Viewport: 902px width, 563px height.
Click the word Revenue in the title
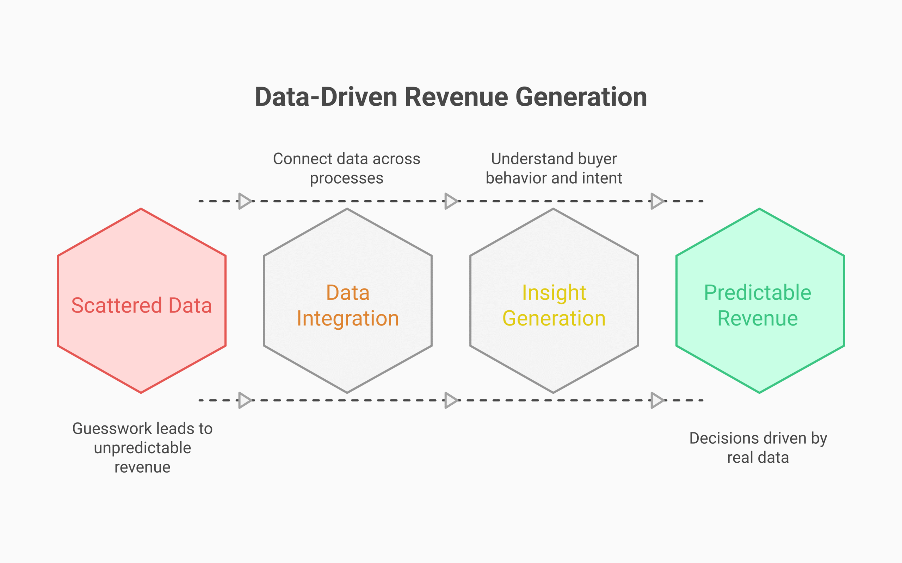coord(456,97)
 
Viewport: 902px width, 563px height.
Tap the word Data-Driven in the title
coord(326,97)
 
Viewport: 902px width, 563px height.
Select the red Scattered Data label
coord(142,305)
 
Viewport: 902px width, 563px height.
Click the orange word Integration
coord(348,318)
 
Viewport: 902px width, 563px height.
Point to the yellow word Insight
coord(554,293)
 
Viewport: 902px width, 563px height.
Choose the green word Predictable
coord(758,293)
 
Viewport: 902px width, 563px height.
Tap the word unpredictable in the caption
coord(142,448)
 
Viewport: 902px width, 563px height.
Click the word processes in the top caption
coord(347,178)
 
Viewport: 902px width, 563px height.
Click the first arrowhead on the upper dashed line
coord(245,201)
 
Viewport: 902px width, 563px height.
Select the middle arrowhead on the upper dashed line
coord(451,201)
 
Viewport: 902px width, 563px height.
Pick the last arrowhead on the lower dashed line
coord(657,400)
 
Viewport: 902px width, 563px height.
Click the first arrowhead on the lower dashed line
coord(245,400)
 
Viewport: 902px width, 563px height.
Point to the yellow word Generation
coord(554,318)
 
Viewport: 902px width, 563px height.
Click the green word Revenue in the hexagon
coord(758,318)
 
